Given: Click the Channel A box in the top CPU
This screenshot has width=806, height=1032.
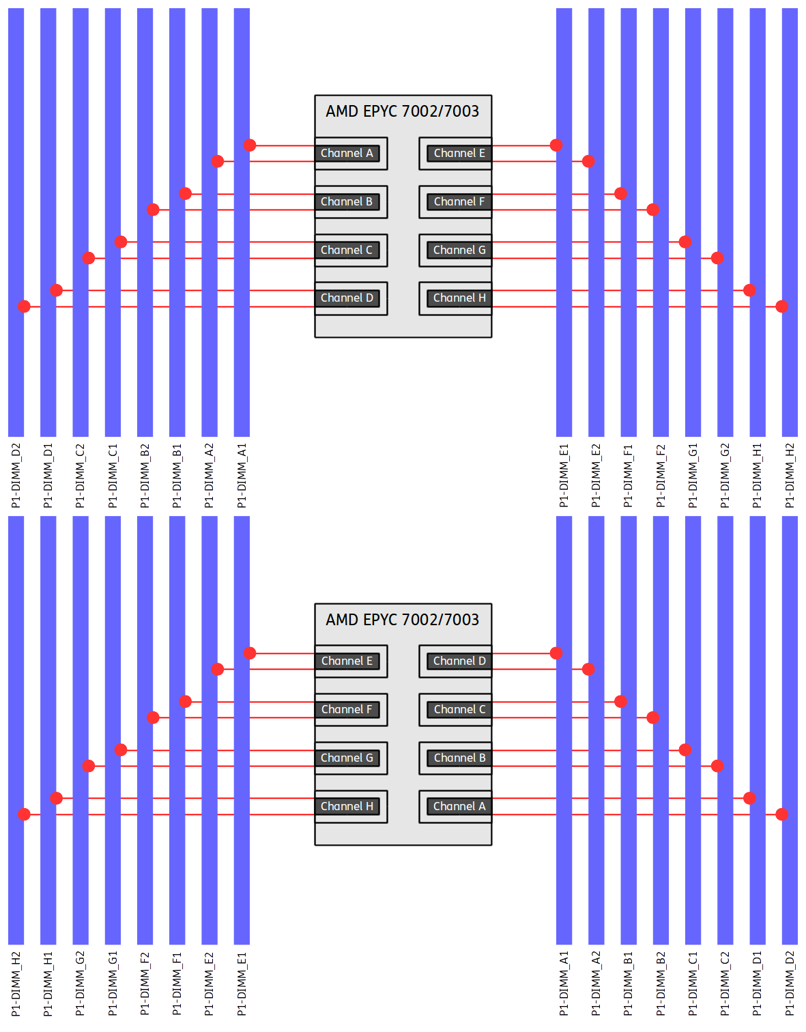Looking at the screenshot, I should click(347, 154).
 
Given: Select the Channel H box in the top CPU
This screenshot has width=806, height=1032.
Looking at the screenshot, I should click(459, 298).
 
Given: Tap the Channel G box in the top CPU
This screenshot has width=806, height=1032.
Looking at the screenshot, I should click(459, 250).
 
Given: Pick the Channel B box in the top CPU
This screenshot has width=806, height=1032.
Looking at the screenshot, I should click(347, 202).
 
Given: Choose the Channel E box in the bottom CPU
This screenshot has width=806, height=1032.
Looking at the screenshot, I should click(347, 661).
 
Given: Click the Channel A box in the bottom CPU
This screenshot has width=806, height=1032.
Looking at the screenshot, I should click(459, 807).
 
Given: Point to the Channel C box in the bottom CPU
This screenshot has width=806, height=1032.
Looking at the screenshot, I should click(459, 710).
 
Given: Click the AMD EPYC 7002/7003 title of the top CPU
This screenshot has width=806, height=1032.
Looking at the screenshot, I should click(403, 111).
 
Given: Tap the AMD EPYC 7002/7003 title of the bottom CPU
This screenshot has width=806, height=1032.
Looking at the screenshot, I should click(403, 620).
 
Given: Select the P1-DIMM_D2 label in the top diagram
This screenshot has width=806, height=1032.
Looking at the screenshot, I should click(16, 475).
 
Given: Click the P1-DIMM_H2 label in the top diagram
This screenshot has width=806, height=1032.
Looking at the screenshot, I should click(790, 475).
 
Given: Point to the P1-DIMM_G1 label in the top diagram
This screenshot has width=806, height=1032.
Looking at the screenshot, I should click(693, 475).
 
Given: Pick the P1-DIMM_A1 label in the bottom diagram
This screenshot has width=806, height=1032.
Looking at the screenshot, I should click(564, 984).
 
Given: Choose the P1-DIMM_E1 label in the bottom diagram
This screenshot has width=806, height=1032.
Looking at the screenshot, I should click(242, 984).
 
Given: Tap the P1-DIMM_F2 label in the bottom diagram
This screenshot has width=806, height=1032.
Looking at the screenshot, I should click(145, 984).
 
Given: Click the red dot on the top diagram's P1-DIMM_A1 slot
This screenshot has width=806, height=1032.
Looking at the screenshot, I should click(250, 145).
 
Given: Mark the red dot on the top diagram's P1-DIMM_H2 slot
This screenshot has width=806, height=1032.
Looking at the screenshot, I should click(782, 306).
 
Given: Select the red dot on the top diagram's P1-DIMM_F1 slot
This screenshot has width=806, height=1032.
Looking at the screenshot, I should click(620, 194).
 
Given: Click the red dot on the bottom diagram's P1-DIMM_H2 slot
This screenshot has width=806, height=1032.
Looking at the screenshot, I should click(24, 814).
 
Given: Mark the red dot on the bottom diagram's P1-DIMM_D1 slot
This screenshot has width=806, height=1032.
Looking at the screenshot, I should click(749, 798).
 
